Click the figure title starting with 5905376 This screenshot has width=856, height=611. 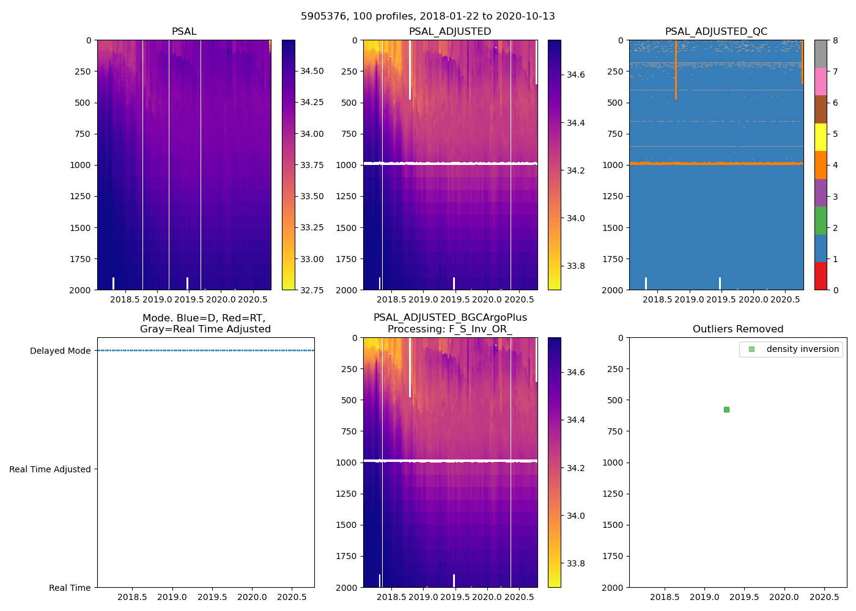428,16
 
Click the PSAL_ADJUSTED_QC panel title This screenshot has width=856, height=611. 716,32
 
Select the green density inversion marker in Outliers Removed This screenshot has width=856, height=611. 726,409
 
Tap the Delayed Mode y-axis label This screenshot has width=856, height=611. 60,351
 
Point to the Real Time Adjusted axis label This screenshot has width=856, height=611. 50,469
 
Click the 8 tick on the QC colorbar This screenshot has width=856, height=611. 835,40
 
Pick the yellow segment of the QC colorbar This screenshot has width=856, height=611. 821,137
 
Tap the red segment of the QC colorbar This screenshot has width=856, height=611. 821,276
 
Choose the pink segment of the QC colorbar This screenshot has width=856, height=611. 821,82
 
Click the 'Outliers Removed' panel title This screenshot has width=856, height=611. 738,329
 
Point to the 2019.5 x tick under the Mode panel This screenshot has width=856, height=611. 212,597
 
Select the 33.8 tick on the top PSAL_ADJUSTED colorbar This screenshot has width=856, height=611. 575,266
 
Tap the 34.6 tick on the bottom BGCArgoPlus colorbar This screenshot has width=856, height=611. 575,372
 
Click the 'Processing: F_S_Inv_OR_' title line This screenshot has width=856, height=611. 450,329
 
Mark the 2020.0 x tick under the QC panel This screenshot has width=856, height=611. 753,299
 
